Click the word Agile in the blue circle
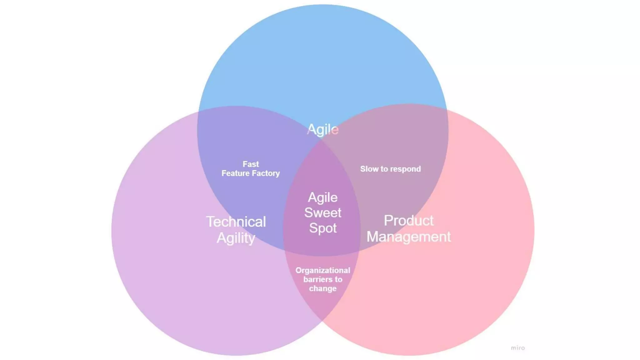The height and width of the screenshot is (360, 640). tap(322, 129)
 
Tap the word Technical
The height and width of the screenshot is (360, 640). tap(236, 222)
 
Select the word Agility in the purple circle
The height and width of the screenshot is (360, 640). tap(236, 238)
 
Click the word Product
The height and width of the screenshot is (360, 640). tap(408, 221)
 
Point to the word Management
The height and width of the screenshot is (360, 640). tap(408, 237)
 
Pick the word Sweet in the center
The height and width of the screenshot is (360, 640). tap(323, 213)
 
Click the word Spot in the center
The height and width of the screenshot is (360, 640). tap(323, 228)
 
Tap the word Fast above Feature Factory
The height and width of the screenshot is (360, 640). tap(251, 164)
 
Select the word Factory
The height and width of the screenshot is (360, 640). tap(266, 173)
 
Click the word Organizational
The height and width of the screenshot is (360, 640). tap(323, 270)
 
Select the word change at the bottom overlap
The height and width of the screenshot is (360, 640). tap(323, 288)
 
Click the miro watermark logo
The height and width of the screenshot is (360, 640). tap(518, 348)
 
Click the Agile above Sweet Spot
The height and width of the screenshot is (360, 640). tap(323, 197)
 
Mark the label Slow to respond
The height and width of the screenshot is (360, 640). tap(390, 169)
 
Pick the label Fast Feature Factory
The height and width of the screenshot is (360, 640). tap(251, 169)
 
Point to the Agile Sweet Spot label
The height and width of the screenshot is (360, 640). tap(323, 213)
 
